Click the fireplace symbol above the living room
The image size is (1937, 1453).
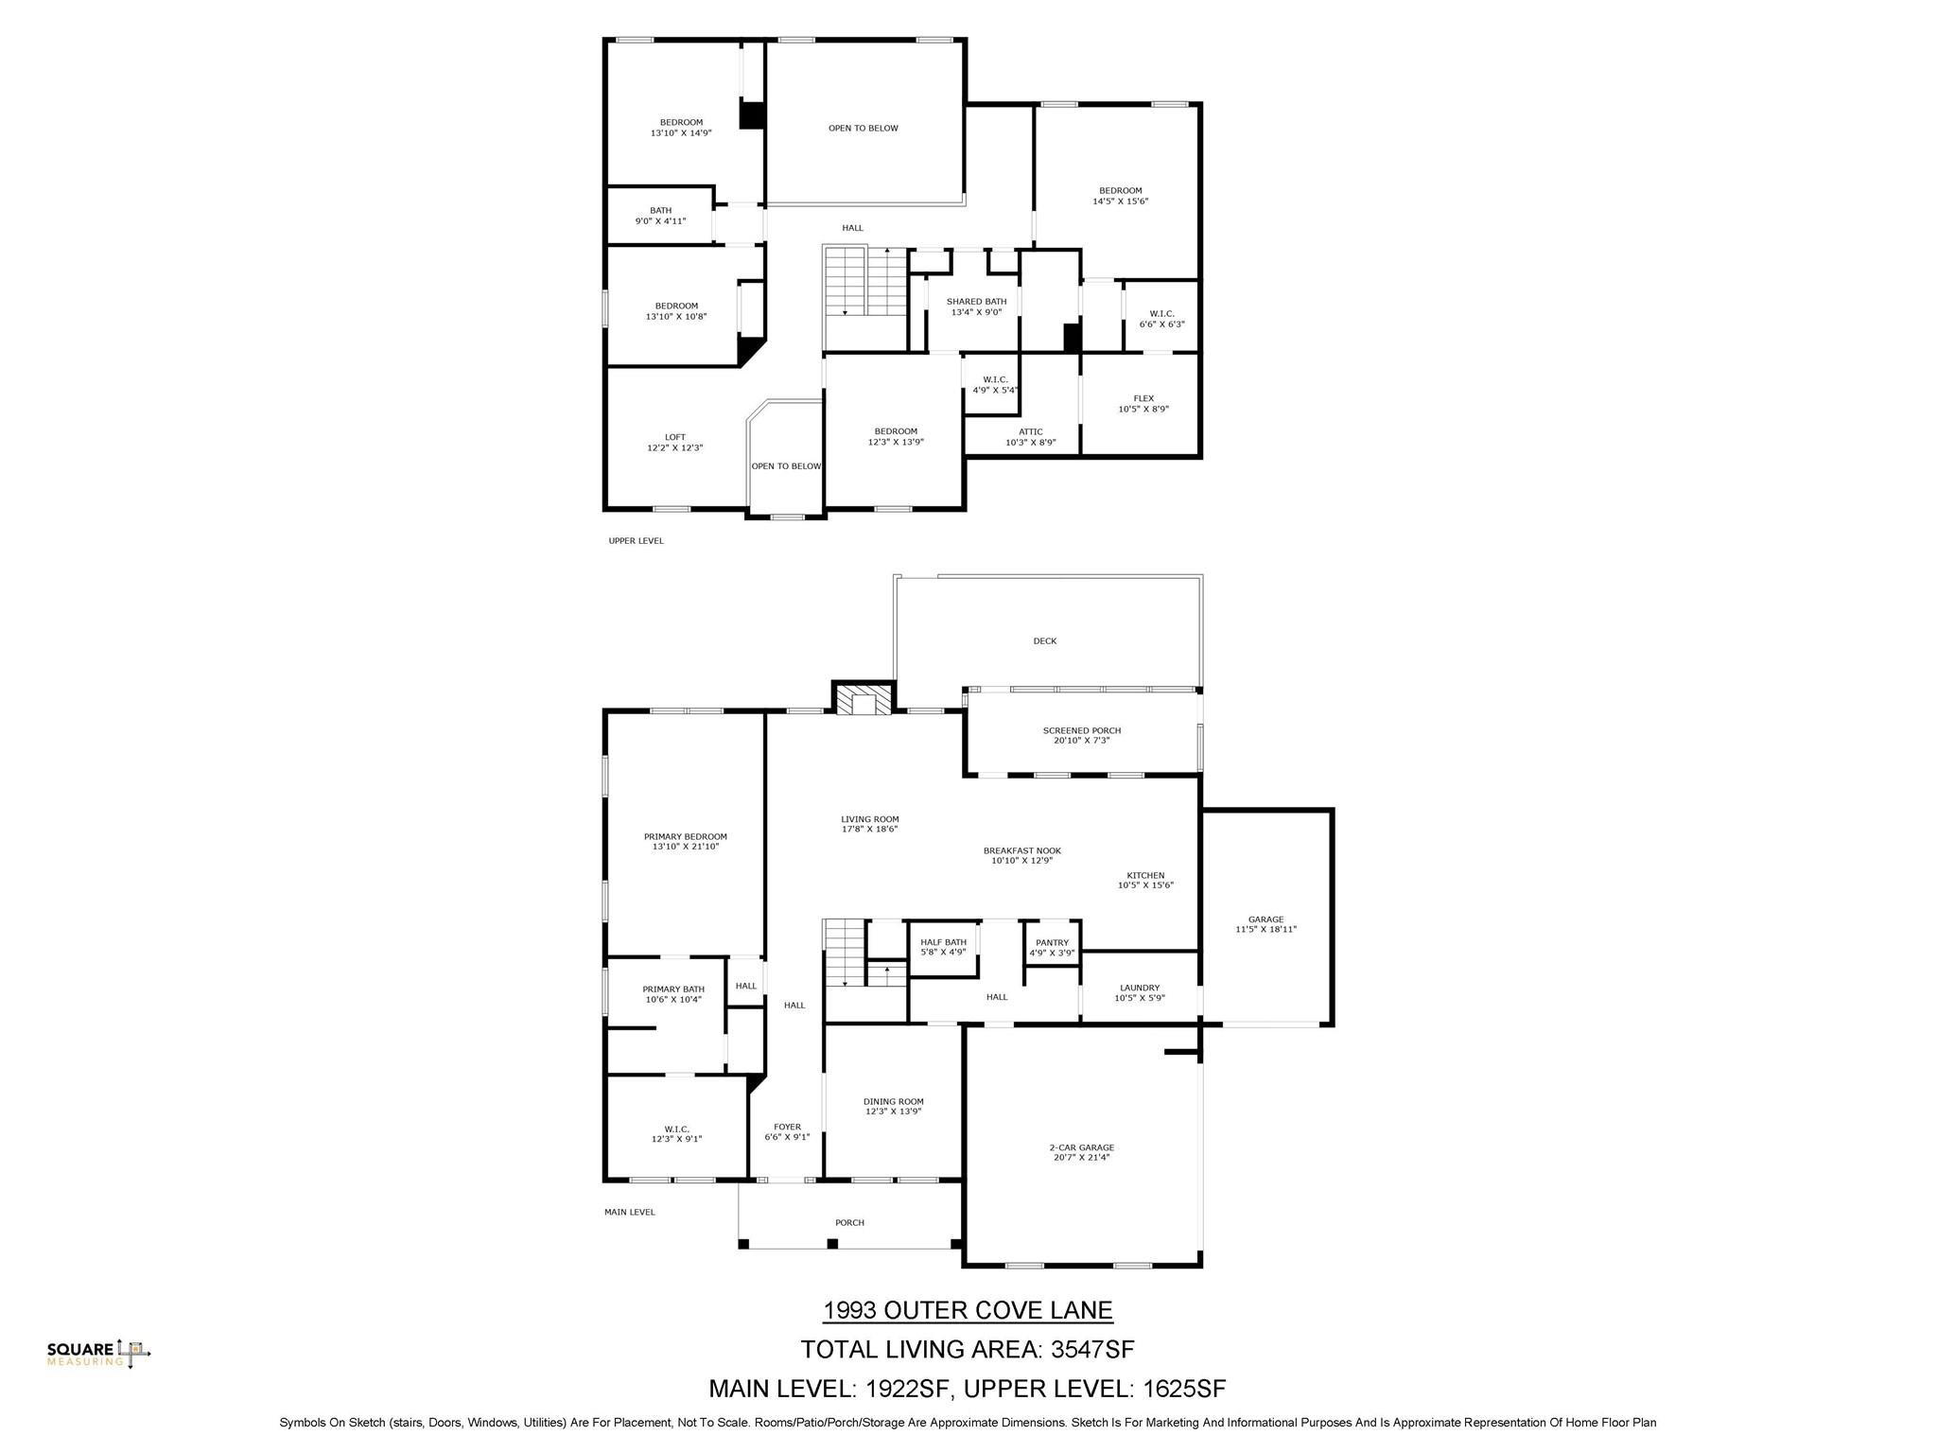(x=863, y=701)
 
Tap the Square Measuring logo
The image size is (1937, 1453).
(x=98, y=1353)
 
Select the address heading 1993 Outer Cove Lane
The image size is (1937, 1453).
(x=968, y=1310)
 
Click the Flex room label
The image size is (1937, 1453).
(x=1143, y=398)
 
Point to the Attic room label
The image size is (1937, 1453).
(x=1031, y=431)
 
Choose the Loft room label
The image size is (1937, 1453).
(x=674, y=437)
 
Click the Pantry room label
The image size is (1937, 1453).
(x=1052, y=942)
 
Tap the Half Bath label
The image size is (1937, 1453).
(x=943, y=942)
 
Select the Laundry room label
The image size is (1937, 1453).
(x=1140, y=988)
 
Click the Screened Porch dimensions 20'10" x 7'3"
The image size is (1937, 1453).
(x=1081, y=741)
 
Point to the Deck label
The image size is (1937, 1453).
(x=1044, y=641)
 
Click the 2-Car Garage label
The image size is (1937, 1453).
(x=1081, y=1147)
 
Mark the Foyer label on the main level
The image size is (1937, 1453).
(x=787, y=1127)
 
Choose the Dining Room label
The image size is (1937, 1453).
(x=893, y=1101)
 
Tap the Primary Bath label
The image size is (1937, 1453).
(x=673, y=989)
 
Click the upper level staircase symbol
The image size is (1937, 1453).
(x=864, y=282)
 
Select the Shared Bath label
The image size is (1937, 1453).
(x=976, y=302)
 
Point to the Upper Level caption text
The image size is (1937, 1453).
(x=636, y=541)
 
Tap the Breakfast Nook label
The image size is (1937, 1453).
(x=1021, y=850)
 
